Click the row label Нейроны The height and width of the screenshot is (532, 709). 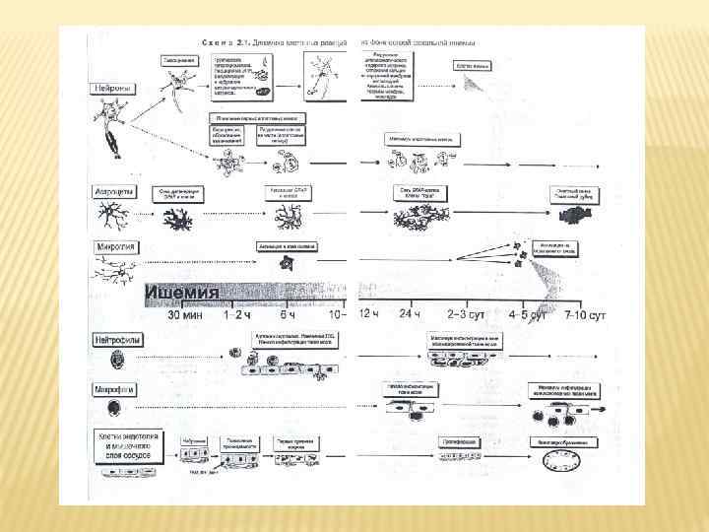click(112, 89)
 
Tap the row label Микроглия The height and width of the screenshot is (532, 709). click(117, 246)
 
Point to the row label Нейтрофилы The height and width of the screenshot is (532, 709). click(118, 339)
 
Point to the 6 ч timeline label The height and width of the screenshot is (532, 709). click(288, 315)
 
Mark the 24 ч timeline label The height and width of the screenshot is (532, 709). click(409, 315)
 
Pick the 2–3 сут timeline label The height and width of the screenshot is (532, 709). click(464, 315)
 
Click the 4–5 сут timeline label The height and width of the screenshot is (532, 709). click(526, 315)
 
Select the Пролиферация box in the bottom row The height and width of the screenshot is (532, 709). click(458, 441)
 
